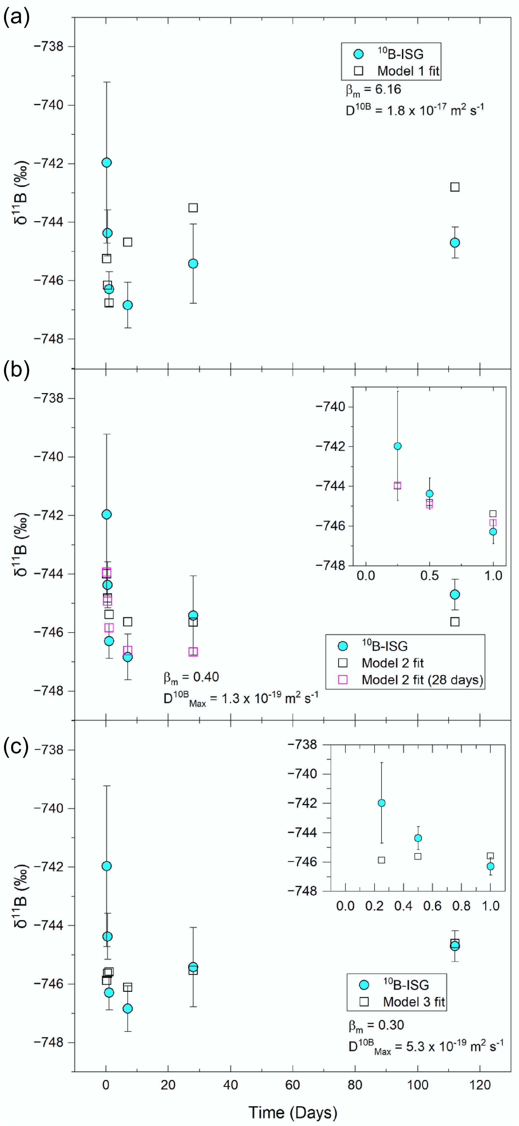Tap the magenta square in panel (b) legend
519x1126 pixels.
point(343,680)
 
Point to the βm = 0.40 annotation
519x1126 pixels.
point(191,677)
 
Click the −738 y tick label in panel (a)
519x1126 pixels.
point(48,46)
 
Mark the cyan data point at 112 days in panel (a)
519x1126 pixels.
point(455,243)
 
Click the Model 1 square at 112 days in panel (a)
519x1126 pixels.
point(455,187)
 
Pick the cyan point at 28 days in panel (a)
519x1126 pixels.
point(193,263)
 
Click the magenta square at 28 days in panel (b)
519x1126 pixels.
point(193,652)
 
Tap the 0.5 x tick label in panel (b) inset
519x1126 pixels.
point(429,576)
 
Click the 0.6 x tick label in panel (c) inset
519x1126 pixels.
point(432,906)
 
